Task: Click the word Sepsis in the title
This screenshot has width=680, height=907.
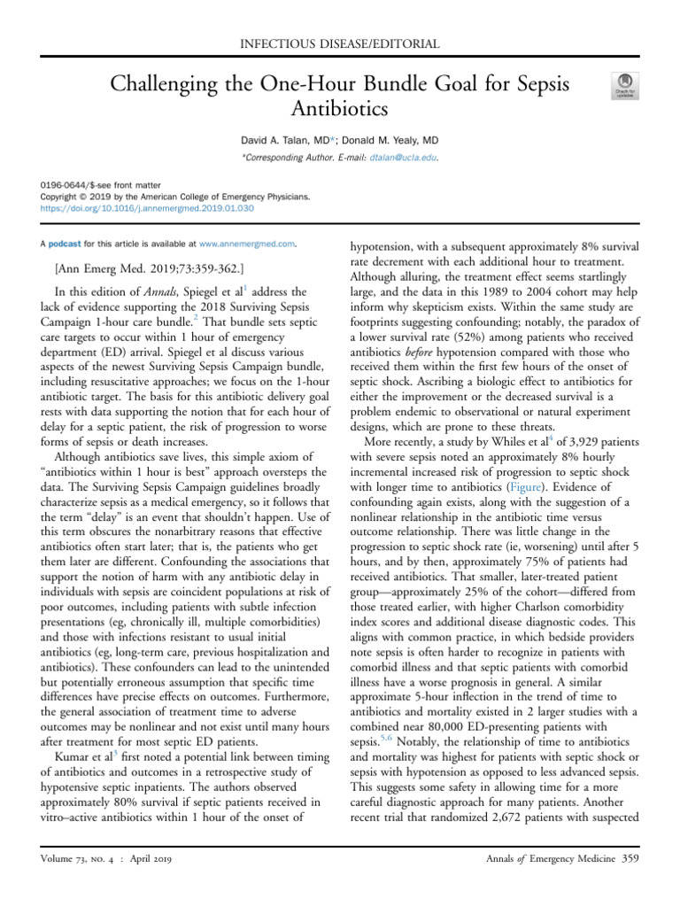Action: pyautogui.click(x=532, y=85)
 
